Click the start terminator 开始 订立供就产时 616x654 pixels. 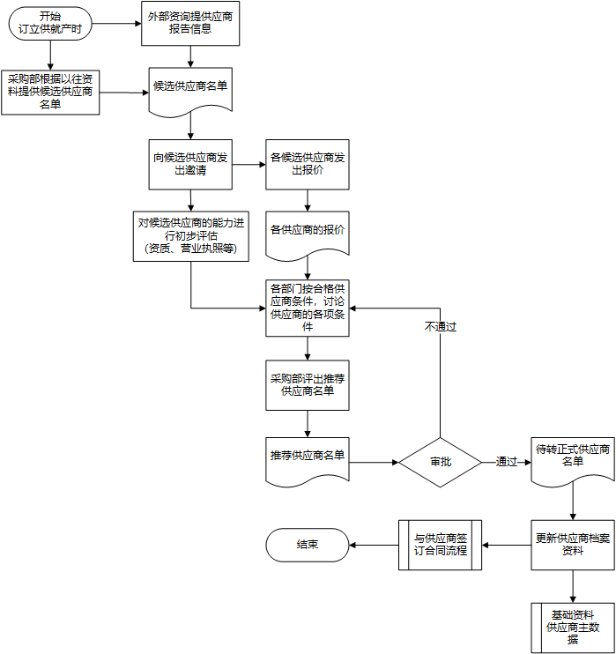50,23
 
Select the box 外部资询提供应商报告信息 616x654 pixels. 190,22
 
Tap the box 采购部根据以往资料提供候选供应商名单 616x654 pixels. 50,92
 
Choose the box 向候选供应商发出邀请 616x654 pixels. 190,164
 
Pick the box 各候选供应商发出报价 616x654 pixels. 308,164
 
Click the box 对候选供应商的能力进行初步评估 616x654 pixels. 191,235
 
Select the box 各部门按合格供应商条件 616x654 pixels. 308,308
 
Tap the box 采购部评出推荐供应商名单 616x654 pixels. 308,384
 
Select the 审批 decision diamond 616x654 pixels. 440,461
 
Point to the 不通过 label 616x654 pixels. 440,326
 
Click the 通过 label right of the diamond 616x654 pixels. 506,461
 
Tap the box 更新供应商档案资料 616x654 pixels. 573,544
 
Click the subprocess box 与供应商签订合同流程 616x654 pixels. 440,544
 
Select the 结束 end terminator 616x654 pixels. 308,545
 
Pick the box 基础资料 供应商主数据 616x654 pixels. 573,628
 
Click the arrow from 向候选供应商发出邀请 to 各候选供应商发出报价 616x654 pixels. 249,164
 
